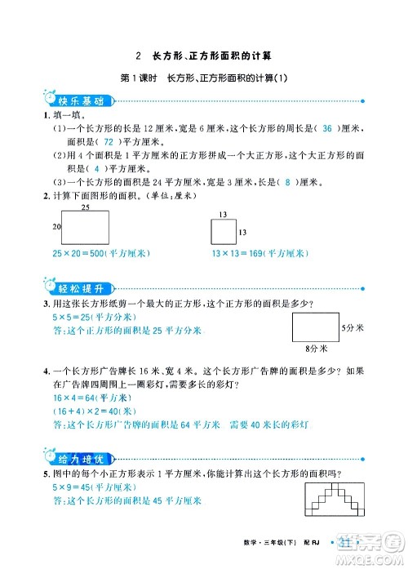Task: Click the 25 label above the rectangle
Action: click(x=85, y=209)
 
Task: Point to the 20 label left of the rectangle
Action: click(x=57, y=225)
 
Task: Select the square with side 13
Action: click(x=223, y=233)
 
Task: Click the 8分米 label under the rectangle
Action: click(x=315, y=348)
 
